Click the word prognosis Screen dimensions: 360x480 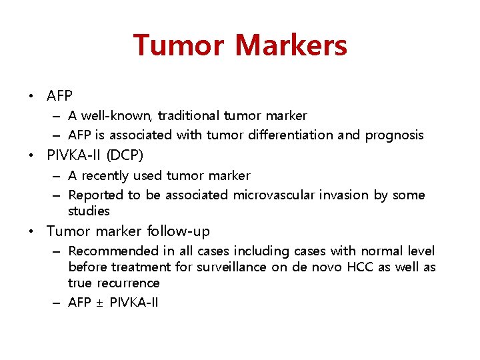[x=394, y=135]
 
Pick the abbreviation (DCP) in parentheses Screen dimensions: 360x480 [x=122, y=155]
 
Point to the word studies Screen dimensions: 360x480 [x=89, y=211]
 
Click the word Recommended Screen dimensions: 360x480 [x=112, y=251]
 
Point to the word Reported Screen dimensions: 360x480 [x=96, y=195]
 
